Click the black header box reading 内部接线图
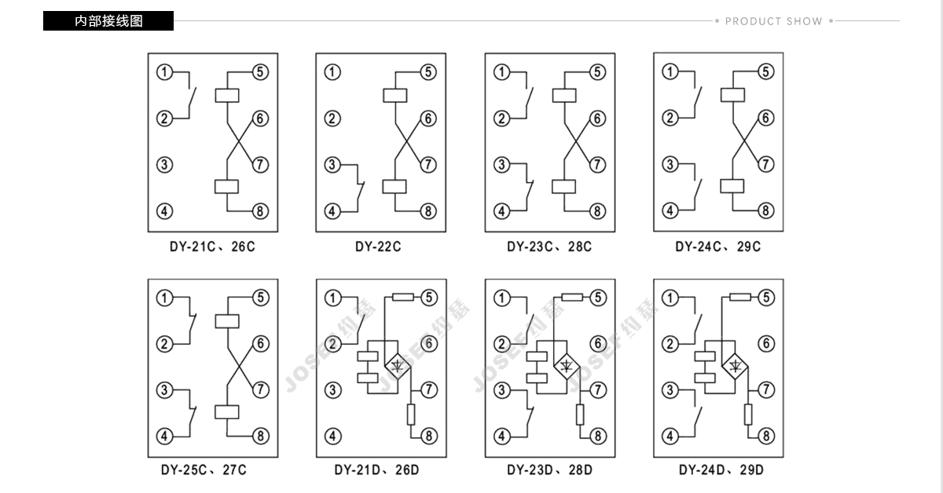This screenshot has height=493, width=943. click(108, 20)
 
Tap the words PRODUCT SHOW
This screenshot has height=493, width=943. click(774, 21)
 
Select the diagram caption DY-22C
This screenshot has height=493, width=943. click(378, 246)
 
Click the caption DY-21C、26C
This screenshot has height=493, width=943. click(212, 246)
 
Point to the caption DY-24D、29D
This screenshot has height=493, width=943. click(721, 469)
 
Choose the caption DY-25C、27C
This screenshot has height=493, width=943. click(204, 469)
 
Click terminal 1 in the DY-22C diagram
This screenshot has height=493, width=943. click(332, 72)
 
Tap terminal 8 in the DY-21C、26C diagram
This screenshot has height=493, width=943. click(260, 211)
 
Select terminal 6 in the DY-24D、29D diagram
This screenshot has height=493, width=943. click(766, 344)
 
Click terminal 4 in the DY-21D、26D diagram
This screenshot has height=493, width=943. click(332, 436)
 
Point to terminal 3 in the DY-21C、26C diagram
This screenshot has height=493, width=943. click(164, 165)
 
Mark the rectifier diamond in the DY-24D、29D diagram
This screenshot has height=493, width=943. click(735, 367)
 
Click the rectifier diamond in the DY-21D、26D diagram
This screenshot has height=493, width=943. click(398, 367)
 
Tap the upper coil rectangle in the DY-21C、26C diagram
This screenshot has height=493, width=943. click(227, 96)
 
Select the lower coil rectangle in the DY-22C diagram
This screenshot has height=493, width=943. click(394, 186)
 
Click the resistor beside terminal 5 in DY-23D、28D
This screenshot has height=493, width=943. click(572, 298)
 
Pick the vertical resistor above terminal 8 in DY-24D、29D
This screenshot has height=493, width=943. click(748, 414)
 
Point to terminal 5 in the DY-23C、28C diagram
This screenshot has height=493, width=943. click(597, 72)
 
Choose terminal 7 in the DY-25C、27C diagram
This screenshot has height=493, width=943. click(261, 390)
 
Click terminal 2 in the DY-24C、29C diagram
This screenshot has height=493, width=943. click(670, 118)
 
